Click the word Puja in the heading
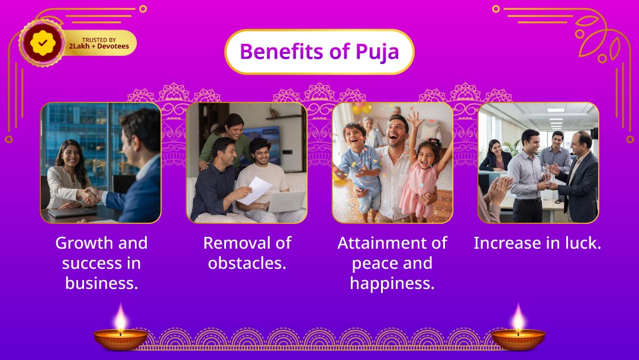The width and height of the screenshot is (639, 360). [377, 52]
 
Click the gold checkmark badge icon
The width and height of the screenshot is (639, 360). [41, 43]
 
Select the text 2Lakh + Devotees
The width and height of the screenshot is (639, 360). [99, 46]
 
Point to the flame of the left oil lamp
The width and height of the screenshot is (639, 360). [120, 318]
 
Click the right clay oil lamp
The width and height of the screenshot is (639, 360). [518, 339]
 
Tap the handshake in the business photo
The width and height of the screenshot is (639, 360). [90, 195]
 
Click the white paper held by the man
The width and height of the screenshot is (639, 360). [254, 190]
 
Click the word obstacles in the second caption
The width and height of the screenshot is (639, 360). [247, 263]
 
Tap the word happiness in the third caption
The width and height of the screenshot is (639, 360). [392, 283]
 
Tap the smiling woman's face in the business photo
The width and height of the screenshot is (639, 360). [71, 155]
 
